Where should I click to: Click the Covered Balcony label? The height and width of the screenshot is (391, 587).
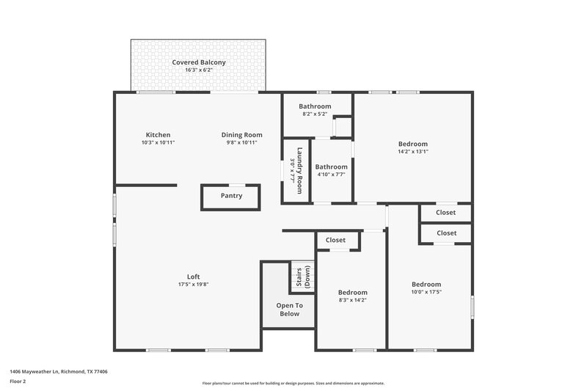[199, 62]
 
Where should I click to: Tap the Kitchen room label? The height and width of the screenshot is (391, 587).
[158, 135]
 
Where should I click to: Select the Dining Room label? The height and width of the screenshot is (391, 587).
[242, 135]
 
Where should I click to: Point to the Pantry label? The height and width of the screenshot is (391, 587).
[232, 196]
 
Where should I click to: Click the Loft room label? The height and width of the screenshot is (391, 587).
[194, 277]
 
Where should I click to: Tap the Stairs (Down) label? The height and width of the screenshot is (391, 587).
[302, 277]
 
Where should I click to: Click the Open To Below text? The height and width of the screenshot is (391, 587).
[289, 310]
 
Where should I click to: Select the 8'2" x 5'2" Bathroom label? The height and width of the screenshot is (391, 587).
[315, 106]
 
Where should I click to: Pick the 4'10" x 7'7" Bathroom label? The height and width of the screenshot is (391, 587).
[332, 167]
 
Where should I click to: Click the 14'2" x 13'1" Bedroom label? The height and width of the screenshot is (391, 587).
[413, 145]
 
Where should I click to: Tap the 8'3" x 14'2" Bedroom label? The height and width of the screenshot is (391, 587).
[353, 293]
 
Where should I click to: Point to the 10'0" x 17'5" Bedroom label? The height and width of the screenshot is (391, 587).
[426, 285]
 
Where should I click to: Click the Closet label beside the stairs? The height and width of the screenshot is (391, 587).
[336, 240]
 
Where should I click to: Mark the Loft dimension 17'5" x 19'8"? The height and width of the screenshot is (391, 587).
[194, 284]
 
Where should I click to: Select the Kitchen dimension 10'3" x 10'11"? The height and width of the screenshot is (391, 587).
[158, 142]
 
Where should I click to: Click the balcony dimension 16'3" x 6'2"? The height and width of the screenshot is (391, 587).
[199, 71]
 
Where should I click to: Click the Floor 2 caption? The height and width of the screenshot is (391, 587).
[18, 381]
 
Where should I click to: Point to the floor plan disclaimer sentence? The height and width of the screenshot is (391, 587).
[293, 383]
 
